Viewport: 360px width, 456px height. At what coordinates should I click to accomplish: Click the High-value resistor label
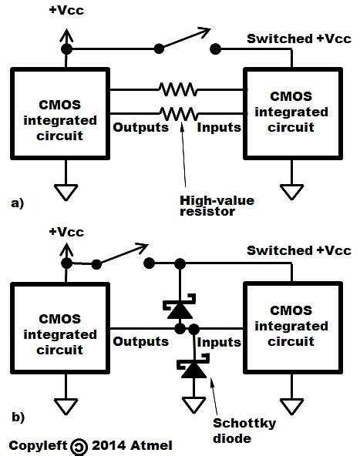point(206,206)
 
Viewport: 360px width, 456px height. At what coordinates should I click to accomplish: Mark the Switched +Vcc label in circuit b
point(299,251)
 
